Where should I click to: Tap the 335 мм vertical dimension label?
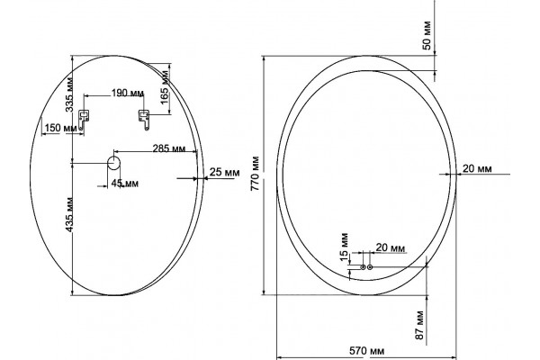click(x=69, y=94)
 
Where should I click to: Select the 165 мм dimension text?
click(x=165, y=86)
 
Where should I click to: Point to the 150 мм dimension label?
click(x=61, y=128)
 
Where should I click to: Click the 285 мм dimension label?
click(x=169, y=148)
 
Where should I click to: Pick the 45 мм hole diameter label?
click(x=125, y=184)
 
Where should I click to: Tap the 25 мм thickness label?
click(x=224, y=172)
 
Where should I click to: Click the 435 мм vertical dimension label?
click(x=69, y=214)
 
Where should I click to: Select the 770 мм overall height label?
click(x=256, y=174)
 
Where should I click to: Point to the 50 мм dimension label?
click(x=427, y=35)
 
